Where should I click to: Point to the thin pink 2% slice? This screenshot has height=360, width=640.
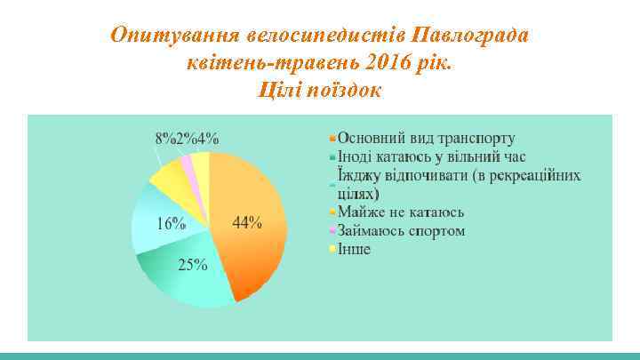pos(188,164)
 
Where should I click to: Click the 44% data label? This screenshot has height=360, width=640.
pos(246,222)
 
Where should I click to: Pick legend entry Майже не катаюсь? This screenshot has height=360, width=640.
pos(400,212)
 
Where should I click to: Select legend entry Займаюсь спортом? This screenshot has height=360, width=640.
pos(400,231)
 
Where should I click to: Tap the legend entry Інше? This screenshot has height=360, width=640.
pos(353,249)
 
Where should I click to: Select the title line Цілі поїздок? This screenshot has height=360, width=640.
pos(319,90)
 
